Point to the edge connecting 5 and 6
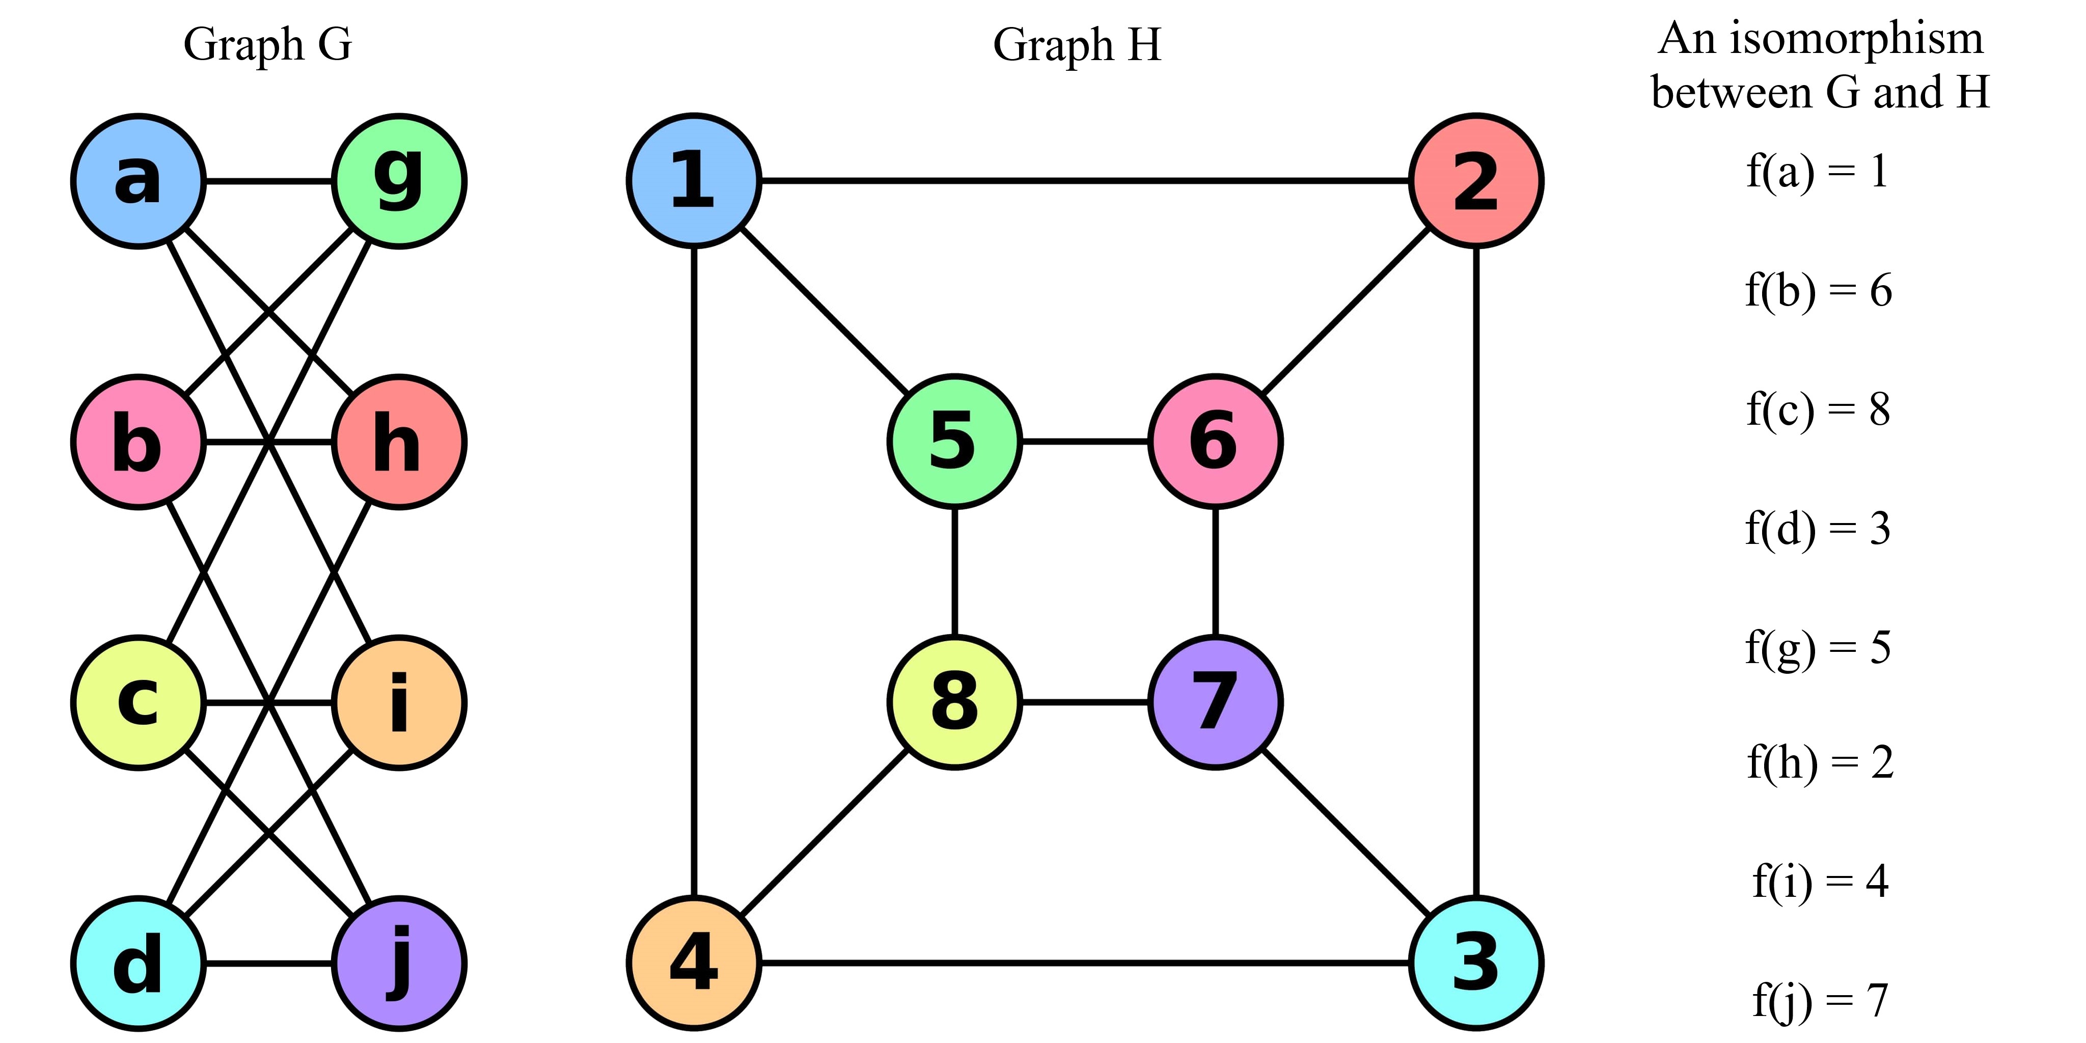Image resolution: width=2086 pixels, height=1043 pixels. pyautogui.click(x=1085, y=442)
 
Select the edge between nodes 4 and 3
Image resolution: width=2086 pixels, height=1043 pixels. pyautogui.click(x=1085, y=964)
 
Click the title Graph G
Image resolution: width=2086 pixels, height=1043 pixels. pyautogui.click(x=268, y=44)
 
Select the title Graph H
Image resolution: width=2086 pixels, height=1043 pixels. pyautogui.click(x=1077, y=44)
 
